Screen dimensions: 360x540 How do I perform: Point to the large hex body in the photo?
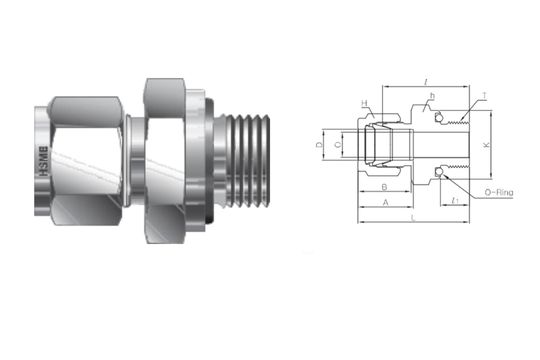(x=170, y=155)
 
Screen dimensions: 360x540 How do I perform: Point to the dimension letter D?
(x=319, y=146)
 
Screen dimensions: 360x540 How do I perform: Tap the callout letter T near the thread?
(x=484, y=96)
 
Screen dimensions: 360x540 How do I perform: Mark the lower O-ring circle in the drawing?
(x=440, y=180)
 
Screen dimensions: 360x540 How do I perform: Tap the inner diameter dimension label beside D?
(x=338, y=146)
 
